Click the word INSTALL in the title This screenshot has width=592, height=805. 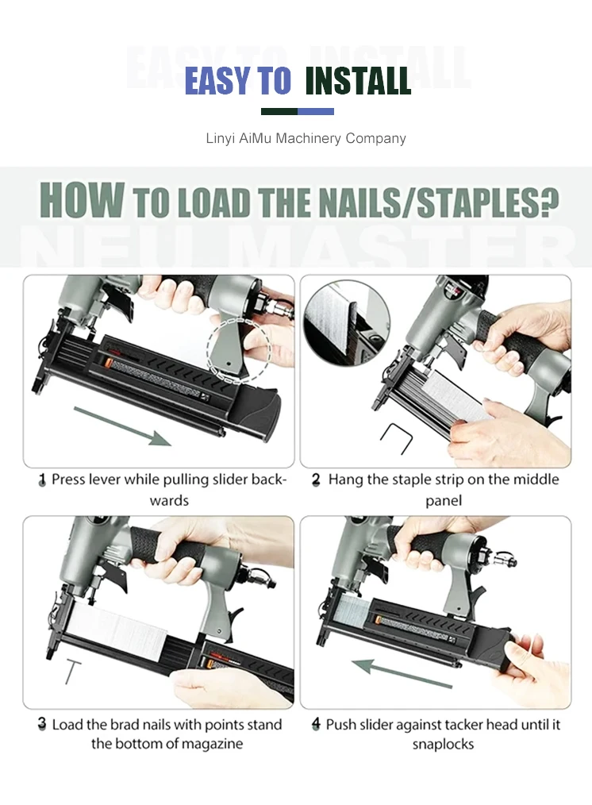pos(358,81)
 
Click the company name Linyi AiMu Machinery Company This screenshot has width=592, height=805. pos(306,139)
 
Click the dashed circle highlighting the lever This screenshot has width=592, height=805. pos(239,351)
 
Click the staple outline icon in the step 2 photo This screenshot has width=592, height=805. pos(397,438)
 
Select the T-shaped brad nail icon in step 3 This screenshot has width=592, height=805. pos(72,672)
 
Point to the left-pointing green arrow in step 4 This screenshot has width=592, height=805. pos(402,673)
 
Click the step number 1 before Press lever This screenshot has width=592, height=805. pos(42,480)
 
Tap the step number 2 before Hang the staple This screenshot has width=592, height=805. pos(316,480)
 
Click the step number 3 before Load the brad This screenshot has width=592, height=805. pos(42,724)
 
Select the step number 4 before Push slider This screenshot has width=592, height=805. pos(316,724)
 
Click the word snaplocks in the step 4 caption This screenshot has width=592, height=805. pos(444,745)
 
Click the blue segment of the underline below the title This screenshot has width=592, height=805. pos(316,111)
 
